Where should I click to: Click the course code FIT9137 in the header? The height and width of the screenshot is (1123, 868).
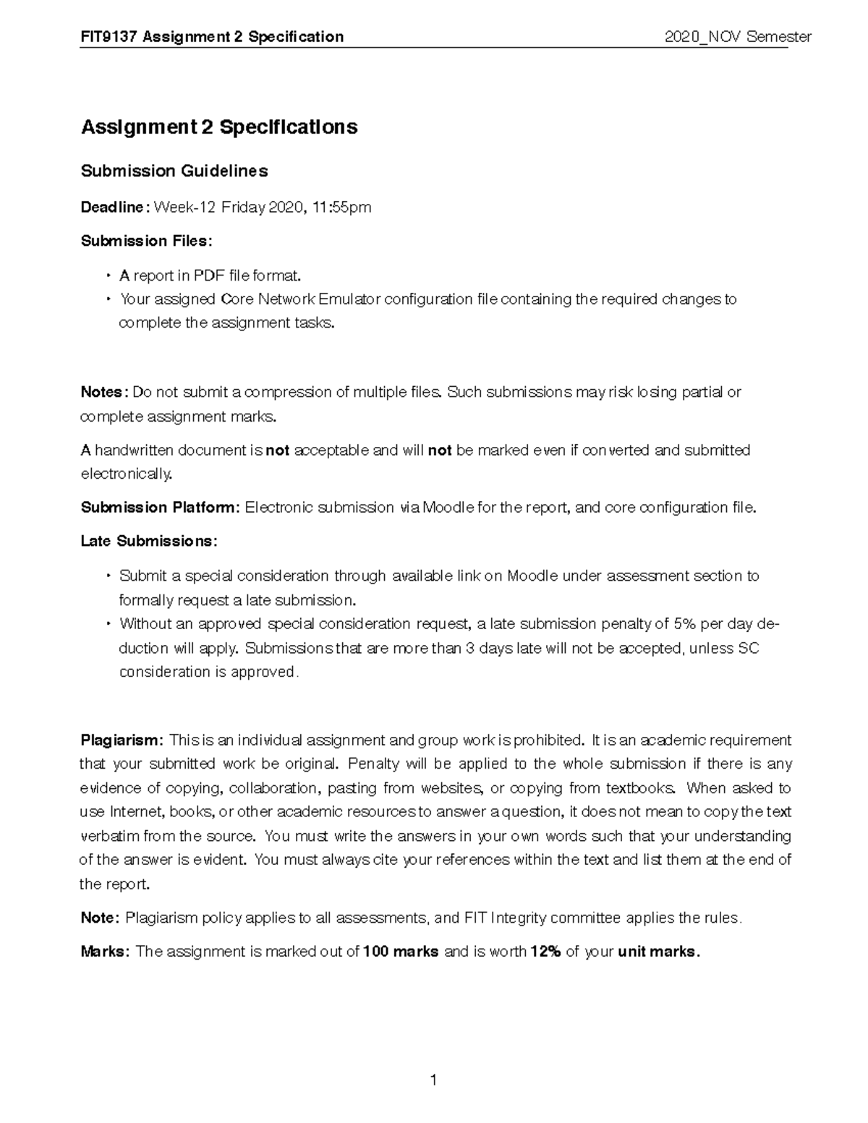(109, 37)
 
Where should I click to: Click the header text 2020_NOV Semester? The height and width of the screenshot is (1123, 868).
(738, 37)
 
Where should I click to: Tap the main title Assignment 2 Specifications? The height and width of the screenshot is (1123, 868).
(219, 127)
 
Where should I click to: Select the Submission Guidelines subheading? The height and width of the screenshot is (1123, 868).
(174, 171)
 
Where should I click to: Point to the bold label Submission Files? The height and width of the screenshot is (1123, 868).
(147, 241)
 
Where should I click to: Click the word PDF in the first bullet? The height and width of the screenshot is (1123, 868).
(209, 276)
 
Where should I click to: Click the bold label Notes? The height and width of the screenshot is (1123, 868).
(104, 393)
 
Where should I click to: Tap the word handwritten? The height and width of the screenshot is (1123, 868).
(134, 451)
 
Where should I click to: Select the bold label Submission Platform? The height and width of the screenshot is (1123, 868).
(159, 508)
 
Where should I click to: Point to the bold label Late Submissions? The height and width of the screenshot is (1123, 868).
(148, 542)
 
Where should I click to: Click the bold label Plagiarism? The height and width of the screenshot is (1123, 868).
(122, 740)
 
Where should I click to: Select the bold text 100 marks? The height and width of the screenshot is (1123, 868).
(401, 952)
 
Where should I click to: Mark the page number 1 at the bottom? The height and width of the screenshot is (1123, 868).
(433, 1080)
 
